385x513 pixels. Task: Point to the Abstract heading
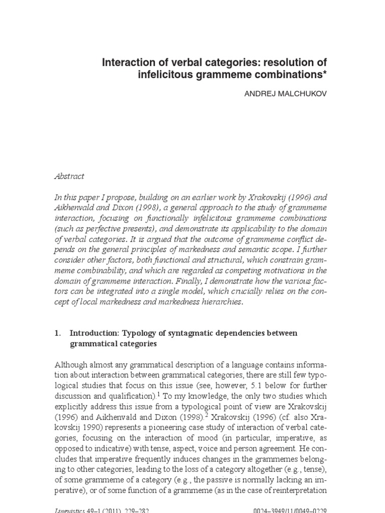(69, 176)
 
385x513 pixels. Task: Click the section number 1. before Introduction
(57, 333)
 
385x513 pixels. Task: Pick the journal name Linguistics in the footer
(70, 509)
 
